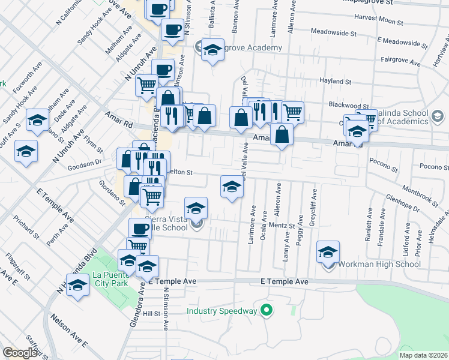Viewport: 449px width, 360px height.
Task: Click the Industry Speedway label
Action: (x=221, y=311)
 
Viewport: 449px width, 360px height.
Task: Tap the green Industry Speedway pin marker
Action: (x=267, y=311)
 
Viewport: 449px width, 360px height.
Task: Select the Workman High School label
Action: (x=379, y=264)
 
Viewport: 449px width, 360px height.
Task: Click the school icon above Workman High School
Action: (x=328, y=251)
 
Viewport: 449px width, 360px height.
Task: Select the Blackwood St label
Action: (x=349, y=105)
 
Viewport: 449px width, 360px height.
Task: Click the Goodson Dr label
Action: (x=86, y=162)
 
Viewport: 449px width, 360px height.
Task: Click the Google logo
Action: (x=20, y=353)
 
